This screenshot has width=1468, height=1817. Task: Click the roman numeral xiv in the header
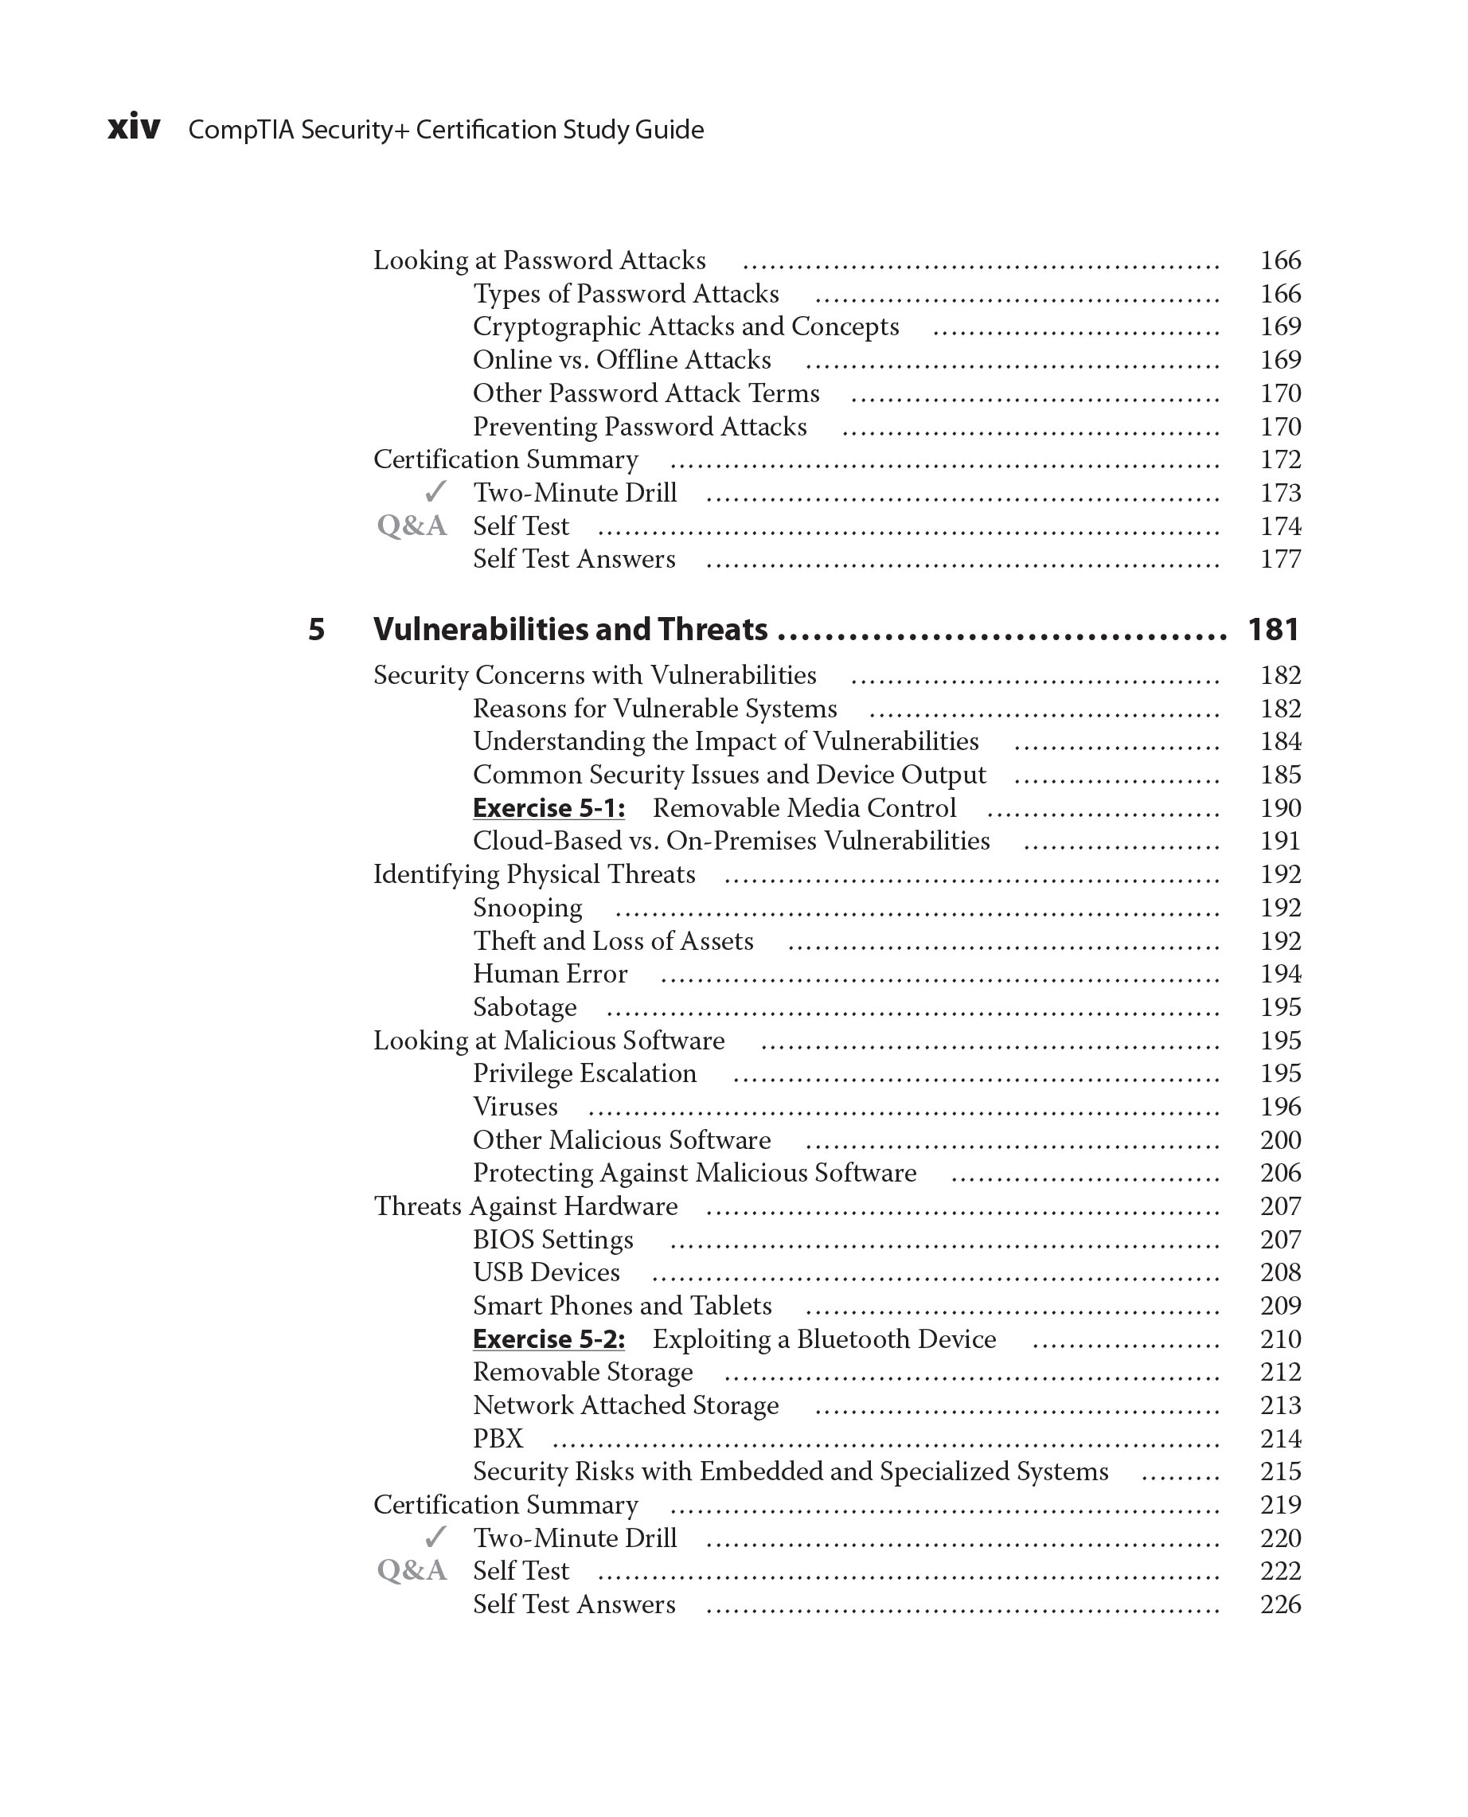[134, 127]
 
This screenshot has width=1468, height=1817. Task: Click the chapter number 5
[315, 630]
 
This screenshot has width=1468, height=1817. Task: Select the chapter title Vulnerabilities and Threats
[570, 630]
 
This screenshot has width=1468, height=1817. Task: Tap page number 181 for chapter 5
[1273, 630]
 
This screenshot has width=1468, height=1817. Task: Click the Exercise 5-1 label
[549, 809]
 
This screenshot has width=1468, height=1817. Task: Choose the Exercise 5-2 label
[549, 1340]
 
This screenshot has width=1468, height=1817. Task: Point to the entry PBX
[498, 1439]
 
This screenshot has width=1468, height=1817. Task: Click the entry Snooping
[528, 908]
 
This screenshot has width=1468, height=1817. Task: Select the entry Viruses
[515, 1108]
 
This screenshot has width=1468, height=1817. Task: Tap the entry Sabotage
[525, 1007]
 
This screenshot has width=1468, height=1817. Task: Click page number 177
[1280, 559]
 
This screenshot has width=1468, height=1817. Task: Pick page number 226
[1280, 1604]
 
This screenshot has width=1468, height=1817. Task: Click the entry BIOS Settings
[553, 1240]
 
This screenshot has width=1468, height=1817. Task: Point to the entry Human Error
[549, 975]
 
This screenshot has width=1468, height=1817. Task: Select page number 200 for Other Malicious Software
[1280, 1140]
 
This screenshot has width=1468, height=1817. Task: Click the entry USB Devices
[546, 1273]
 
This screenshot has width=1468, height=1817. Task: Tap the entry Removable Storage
[583, 1372]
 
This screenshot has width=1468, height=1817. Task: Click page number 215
[1280, 1472]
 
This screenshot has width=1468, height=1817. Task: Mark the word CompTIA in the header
[240, 131]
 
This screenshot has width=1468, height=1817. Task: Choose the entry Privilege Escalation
[584, 1073]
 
